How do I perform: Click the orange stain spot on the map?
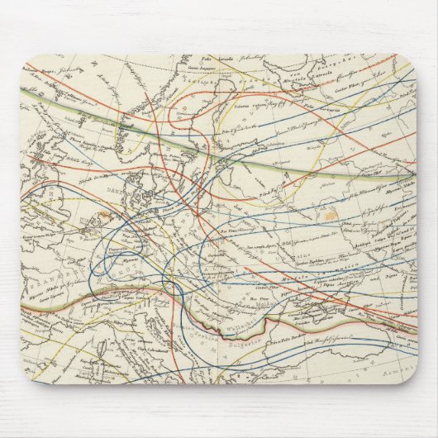tap(331, 213)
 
